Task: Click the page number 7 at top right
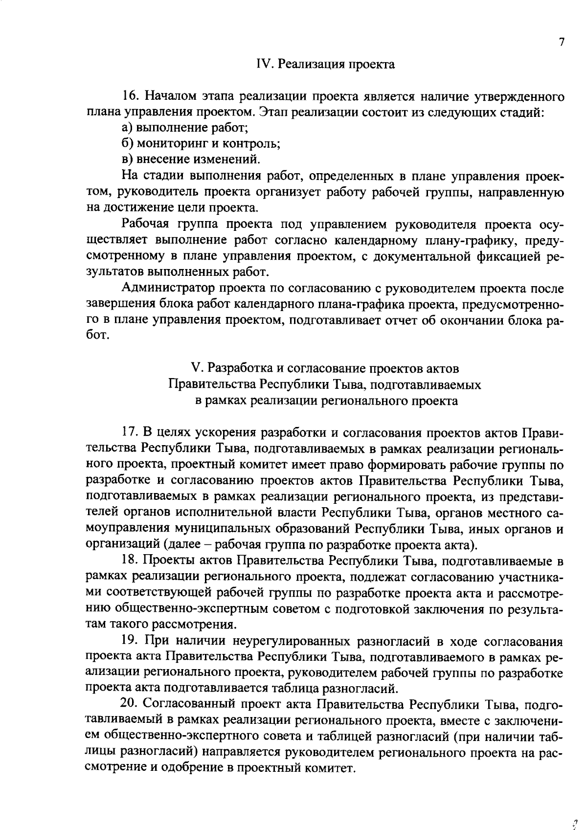(562, 42)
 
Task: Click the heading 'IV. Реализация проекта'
(325, 65)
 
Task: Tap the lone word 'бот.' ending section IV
(96, 337)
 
